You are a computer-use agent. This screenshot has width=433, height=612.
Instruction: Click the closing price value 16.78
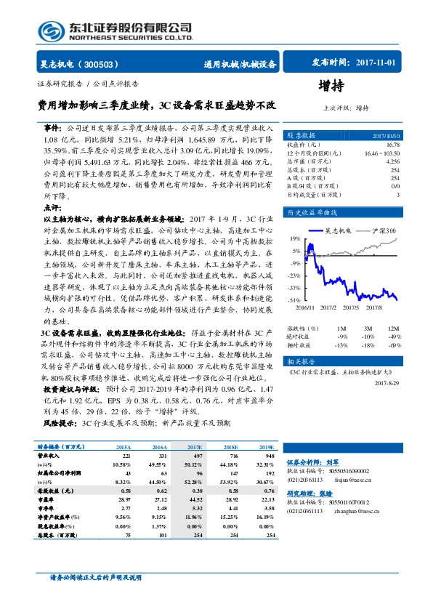coord(392,145)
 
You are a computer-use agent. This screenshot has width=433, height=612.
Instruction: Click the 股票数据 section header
coord(301,136)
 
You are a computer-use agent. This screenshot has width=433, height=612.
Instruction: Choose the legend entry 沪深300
coord(381,231)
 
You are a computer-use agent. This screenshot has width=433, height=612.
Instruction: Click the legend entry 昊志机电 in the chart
coord(339,231)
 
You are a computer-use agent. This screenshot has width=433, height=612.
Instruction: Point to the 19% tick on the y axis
coord(294,238)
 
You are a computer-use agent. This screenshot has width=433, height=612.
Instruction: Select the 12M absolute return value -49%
coord(395,337)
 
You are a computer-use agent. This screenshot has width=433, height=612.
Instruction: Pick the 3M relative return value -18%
coord(368,345)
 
